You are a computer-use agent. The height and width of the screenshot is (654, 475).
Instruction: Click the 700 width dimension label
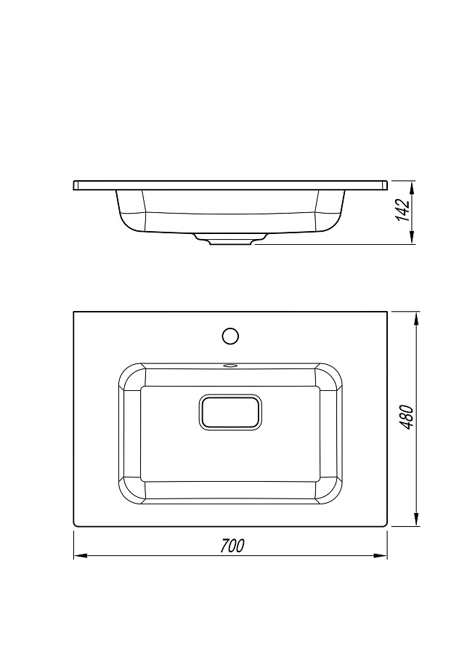pos(232,546)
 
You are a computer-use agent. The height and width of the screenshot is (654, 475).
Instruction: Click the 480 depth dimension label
pos(406,416)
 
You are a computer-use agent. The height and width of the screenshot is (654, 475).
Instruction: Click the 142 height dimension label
pos(403,210)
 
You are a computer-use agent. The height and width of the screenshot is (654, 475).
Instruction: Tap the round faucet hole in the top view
pos(230,336)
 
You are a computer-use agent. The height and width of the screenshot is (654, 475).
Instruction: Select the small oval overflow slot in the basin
pos(230,366)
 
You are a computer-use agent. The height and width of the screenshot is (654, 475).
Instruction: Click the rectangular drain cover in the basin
pos(230,412)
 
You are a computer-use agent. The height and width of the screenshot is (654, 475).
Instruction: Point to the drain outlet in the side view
pos(230,239)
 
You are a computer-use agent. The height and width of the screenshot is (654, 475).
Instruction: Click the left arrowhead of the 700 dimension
pos(80,556)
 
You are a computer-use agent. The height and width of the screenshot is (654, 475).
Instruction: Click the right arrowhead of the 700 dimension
pos(381,556)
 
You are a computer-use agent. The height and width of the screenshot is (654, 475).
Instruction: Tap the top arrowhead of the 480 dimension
pos(415,318)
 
